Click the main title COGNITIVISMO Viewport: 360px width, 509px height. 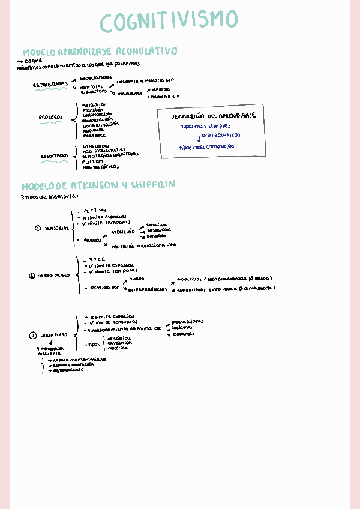pyautogui.click(x=169, y=22)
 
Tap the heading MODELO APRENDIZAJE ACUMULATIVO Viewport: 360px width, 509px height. pyautogui.click(x=100, y=52)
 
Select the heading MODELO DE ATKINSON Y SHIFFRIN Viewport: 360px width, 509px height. pyautogui.click(x=99, y=185)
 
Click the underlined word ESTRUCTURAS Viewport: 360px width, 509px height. pyautogui.click(x=50, y=85)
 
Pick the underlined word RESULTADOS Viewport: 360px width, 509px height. pyautogui.click(x=54, y=156)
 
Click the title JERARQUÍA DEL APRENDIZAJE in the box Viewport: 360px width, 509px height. pyautogui.click(x=214, y=115)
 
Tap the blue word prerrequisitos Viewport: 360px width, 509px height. pyautogui.click(x=225, y=136)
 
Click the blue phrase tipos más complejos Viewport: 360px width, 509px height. pyautogui.click(x=206, y=146)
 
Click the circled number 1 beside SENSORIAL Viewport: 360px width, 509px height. pyautogui.click(x=37, y=228)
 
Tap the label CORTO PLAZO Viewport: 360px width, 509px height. pyautogui.click(x=53, y=276)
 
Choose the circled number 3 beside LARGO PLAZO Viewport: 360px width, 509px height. pyautogui.click(x=33, y=335)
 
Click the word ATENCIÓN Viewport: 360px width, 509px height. pyautogui.click(x=123, y=231)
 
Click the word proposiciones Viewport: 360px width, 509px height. pyautogui.click(x=187, y=321)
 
